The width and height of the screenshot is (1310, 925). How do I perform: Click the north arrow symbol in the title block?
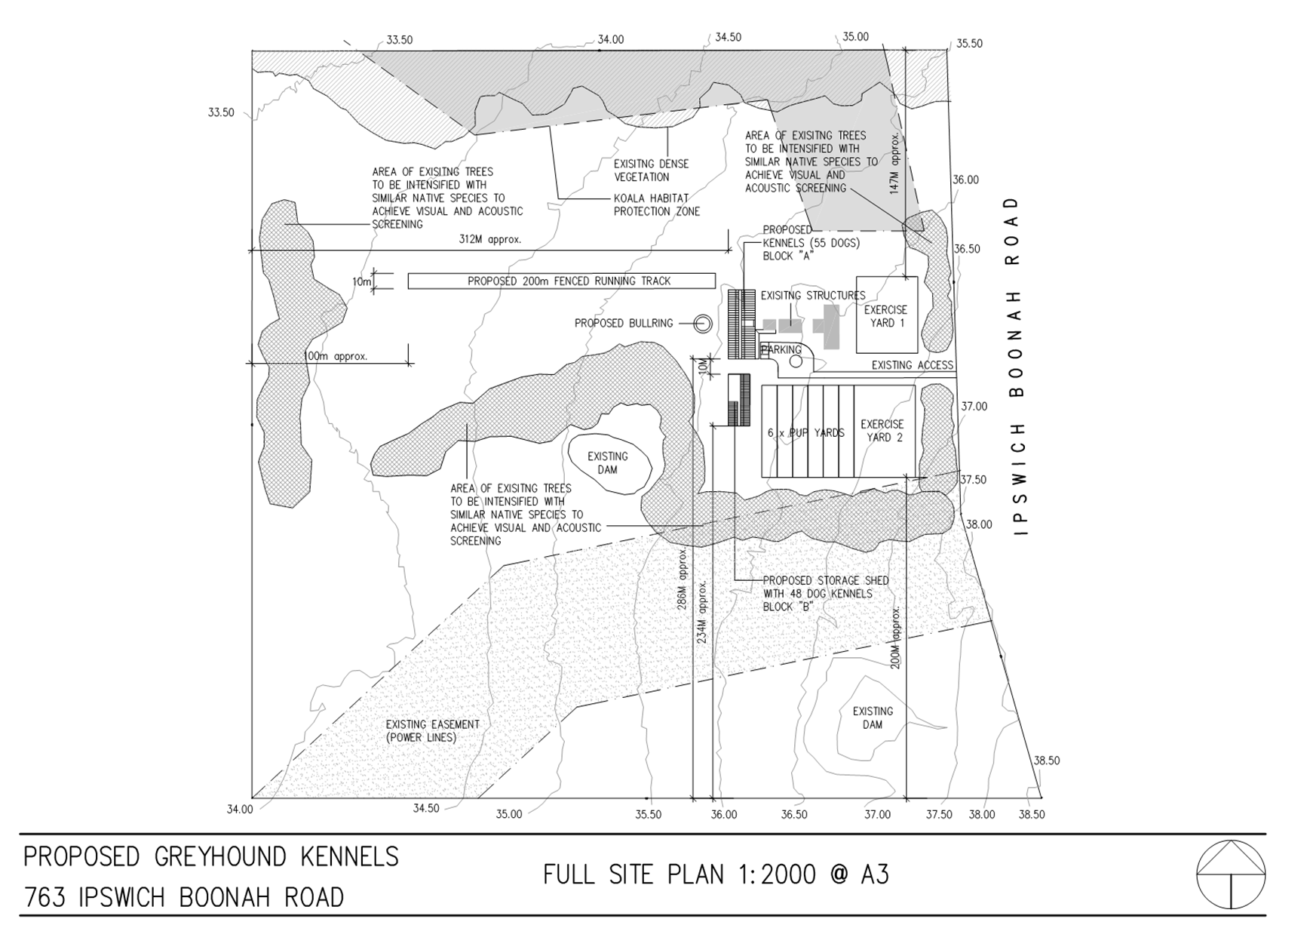(x=1231, y=874)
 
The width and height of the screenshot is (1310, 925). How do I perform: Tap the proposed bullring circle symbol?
(x=703, y=324)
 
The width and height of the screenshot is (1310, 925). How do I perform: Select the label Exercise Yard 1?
(x=886, y=316)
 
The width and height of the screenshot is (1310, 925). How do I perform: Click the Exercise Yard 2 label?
(x=882, y=431)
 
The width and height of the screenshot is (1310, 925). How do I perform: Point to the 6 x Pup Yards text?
(x=805, y=433)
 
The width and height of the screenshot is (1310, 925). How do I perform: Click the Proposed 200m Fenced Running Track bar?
(x=562, y=281)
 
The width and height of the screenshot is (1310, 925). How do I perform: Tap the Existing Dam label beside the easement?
(x=873, y=718)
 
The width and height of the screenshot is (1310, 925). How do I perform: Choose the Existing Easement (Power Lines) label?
(x=433, y=730)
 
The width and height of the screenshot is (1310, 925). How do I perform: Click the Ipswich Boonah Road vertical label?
(x=1017, y=366)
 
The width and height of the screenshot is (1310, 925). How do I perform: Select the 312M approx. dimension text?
(x=490, y=239)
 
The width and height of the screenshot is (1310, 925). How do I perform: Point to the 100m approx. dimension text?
(x=335, y=356)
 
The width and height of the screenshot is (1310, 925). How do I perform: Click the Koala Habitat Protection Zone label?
(x=657, y=205)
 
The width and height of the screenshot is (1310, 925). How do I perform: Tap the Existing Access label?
(x=913, y=365)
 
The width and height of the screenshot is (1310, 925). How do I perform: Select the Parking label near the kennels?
(x=782, y=349)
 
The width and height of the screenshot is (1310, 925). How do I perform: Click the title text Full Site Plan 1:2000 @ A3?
(x=716, y=874)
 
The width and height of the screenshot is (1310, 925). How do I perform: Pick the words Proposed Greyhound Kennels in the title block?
(x=211, y=857)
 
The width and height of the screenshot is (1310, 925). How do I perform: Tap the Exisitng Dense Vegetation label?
(x=652, y=171)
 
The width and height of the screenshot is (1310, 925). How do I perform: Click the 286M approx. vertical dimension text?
(x=682, y=579)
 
